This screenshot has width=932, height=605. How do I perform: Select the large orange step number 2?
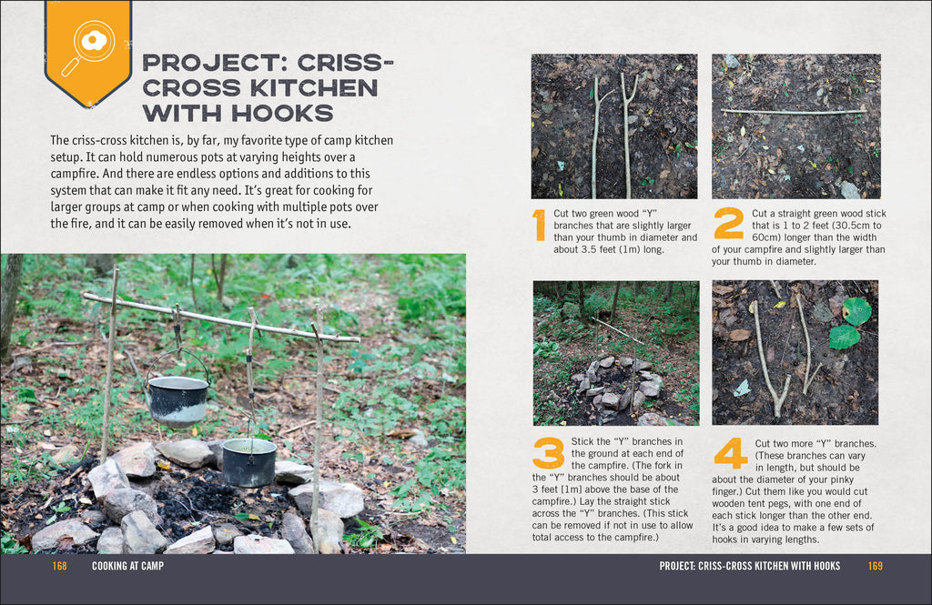[x=728, y=223]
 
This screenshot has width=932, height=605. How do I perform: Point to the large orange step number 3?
[x=549, y=453]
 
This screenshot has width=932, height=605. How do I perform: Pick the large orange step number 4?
[x=730, y=453]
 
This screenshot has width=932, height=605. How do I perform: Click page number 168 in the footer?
[x=60, y=566]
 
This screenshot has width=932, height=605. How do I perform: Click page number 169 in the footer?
[x=875, y=566]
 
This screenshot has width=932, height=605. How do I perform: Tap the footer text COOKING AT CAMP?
[x=127, y=566]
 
